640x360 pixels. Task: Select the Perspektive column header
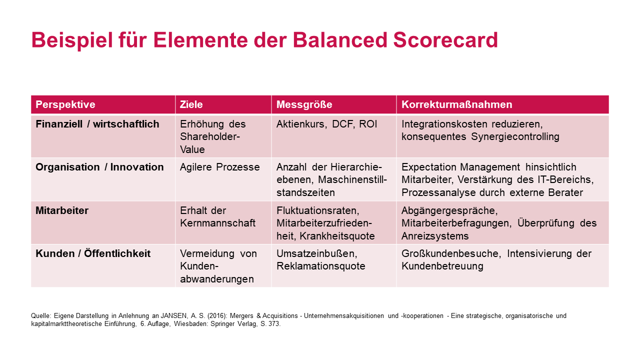[x=65, y=104]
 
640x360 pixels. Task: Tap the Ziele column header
[x=191, y=104]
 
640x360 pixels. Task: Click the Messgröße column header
[x=304, y=104]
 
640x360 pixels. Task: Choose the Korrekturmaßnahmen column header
[x=456, y=104]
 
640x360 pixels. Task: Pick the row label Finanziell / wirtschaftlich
[x=97, y=124]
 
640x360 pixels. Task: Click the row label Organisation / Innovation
[x=99, y=167]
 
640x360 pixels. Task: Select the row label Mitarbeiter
[x=62, y=210]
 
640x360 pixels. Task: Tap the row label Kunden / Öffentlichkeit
[x=93, y=253]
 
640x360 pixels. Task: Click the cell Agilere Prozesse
[x=219, y=167]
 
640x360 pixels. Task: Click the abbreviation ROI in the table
[x=368, y=124]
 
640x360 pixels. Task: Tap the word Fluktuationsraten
[x=318, y=210]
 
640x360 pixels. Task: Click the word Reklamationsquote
[x=320, y=266]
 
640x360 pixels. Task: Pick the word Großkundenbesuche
[x=450, y=253]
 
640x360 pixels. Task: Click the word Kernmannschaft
[x=217, y=223]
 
